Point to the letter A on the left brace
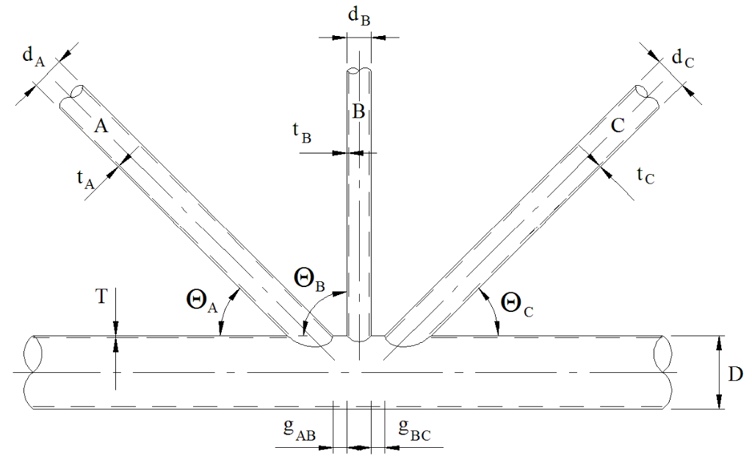coord(102,127)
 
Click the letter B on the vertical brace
coord(358,112)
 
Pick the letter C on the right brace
coord(618,126)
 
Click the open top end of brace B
coord(358,71)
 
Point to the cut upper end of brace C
coord(643,93)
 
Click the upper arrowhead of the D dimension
coord(720,341)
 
